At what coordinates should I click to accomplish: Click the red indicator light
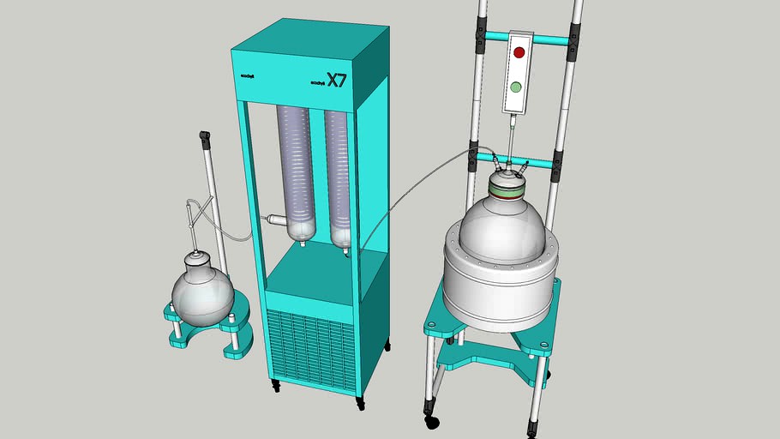518,51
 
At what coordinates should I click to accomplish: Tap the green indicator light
516,87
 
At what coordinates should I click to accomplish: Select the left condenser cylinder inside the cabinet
297,171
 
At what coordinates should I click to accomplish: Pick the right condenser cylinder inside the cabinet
339,176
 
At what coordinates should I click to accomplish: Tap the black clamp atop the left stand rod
205,137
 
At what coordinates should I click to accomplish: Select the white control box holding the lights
517,73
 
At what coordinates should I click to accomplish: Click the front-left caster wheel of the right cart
431,421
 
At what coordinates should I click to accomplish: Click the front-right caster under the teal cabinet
361,401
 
